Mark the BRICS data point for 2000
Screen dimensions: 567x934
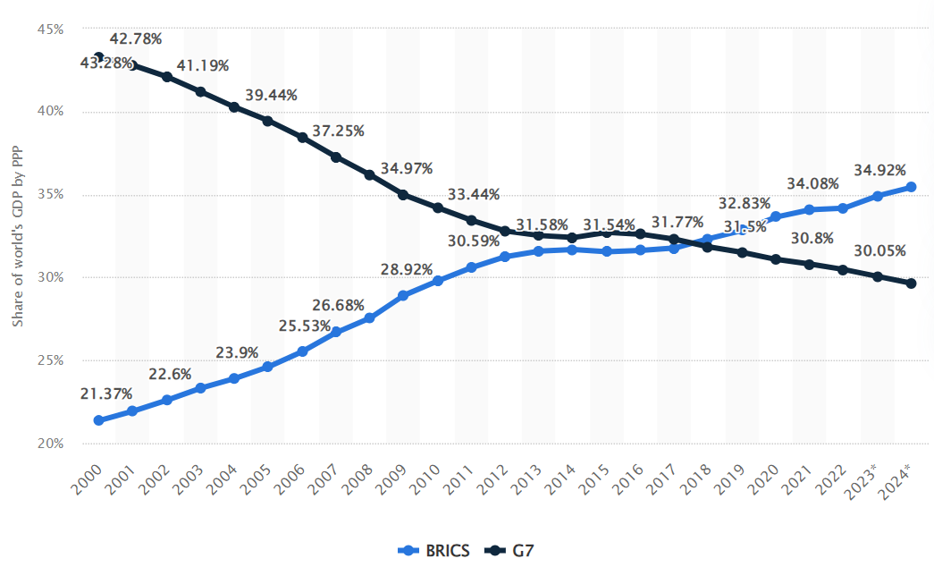(x=98, y=420)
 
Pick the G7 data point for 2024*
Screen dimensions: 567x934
(x=911, y=283)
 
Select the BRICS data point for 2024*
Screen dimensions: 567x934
(x=911, y=187)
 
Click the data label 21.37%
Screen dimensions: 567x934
(x=105, y=394)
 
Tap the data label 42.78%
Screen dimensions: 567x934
(x=135, y=38)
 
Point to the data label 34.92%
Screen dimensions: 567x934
(x=879, y=170)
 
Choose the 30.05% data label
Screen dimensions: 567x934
(x=879, y=250)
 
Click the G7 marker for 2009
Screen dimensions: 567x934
(x=403, y=195)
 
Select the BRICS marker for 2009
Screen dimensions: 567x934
(x=403, y=295)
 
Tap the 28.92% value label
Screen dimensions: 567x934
(x=407, y=269)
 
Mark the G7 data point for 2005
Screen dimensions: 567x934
(x=267, y=121)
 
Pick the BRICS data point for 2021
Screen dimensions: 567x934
(x=809, y=209)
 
